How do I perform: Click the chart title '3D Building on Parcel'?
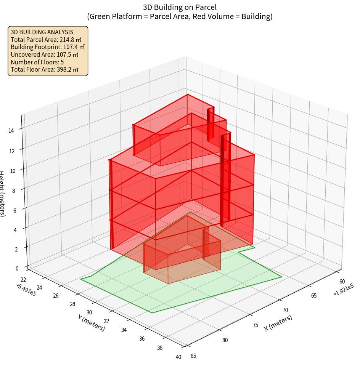point(180,7)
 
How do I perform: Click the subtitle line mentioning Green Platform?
point(180,16)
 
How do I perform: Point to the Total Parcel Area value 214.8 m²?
point(71,40)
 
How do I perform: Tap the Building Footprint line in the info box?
point(48,47)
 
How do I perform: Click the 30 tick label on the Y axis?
point(90,312)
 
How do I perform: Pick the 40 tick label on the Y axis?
point(179,357)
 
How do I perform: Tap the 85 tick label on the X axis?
point(193,356)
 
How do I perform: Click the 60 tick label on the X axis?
point(342,282)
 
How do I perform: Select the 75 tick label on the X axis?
point(256,325)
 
